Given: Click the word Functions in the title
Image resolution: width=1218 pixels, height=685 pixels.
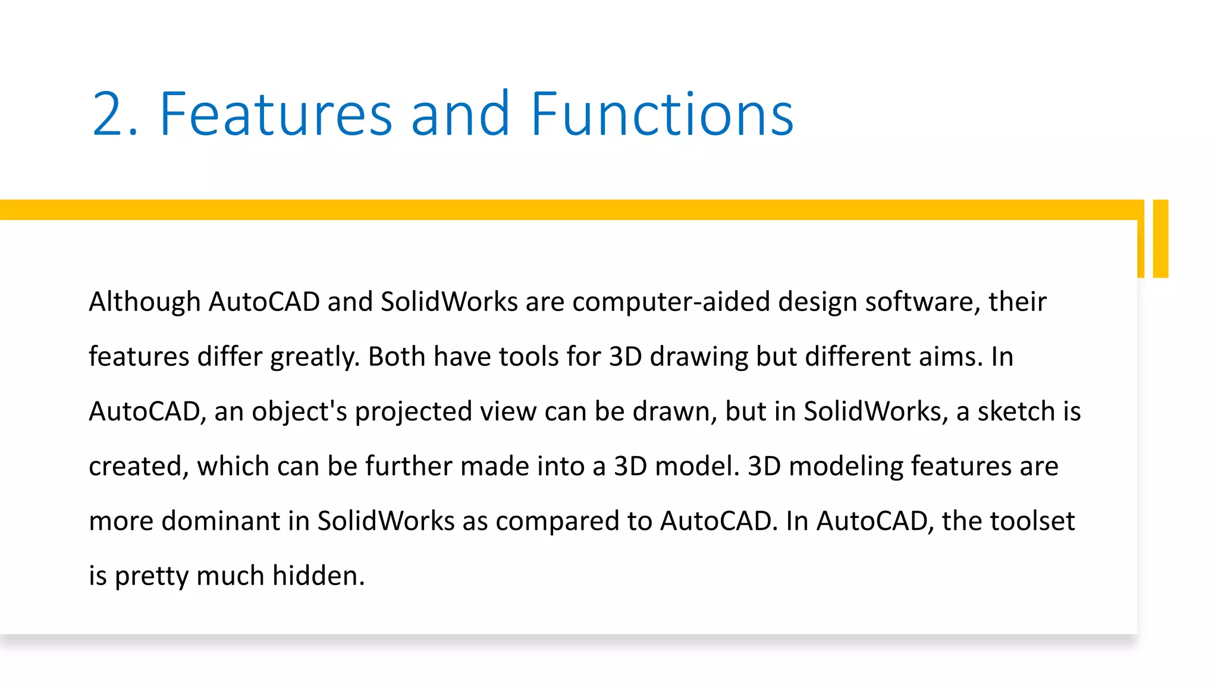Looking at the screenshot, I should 662,114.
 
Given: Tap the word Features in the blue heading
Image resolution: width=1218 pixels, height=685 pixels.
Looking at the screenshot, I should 276,114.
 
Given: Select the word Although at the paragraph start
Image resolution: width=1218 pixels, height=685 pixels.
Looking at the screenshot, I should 145,301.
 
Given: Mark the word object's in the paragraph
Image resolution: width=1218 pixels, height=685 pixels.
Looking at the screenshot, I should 299,411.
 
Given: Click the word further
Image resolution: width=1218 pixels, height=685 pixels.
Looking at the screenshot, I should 409,466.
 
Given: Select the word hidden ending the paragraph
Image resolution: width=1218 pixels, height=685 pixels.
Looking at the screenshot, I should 318,576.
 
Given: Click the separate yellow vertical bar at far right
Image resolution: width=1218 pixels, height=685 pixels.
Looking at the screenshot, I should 1160,238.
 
